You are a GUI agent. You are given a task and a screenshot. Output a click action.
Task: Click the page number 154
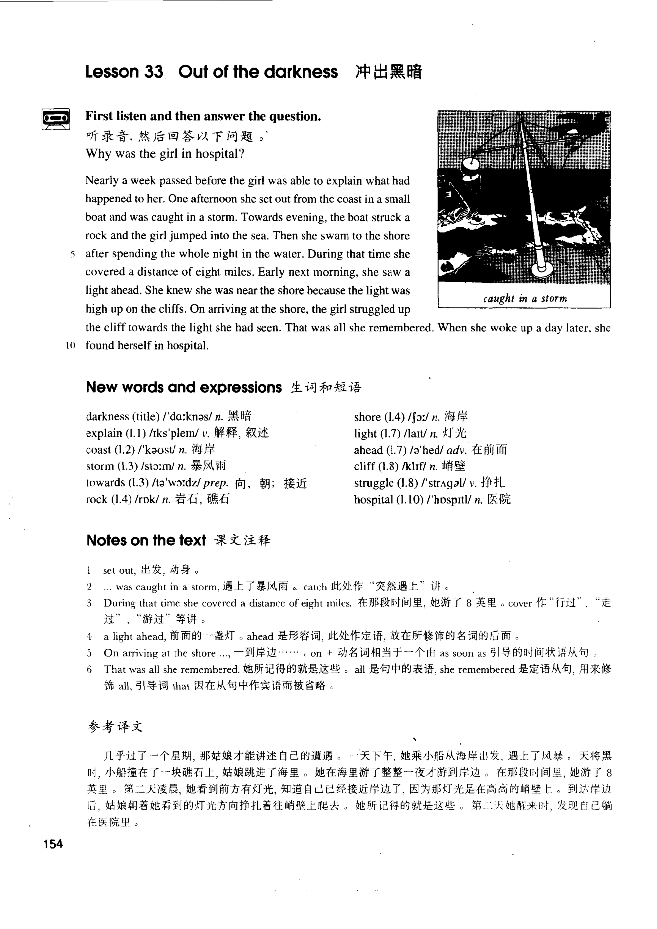coord(53,844)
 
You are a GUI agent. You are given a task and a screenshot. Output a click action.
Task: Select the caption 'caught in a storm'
coord(525,299)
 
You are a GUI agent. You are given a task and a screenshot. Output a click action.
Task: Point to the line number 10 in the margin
coord(70,346)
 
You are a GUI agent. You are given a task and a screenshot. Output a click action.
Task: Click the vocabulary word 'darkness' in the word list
coord(107,416)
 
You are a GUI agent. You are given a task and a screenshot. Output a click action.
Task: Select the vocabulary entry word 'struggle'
coord(374,483)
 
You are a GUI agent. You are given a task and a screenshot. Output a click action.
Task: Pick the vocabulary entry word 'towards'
coord(105,483)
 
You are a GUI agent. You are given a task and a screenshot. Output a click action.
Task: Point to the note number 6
coord(89,669)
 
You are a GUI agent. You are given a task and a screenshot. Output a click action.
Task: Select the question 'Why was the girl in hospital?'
coord(165,154)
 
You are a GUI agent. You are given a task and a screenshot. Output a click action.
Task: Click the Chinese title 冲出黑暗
coord(388,72)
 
